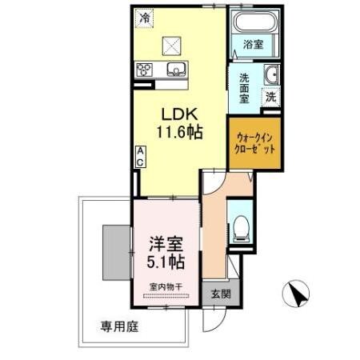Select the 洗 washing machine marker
(271, 97)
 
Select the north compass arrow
(298, 295)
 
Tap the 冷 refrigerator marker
(144, 16)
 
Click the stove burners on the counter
(145, 69)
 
